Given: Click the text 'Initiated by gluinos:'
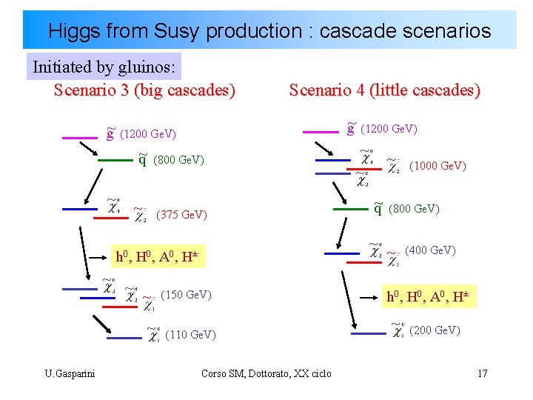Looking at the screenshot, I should click(x=104, y=67).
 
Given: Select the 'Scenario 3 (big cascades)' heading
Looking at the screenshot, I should click(x=144, y=90).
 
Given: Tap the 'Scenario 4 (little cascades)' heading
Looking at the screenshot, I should click(x=385, y=90).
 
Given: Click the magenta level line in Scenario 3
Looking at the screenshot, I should click(x=80, y=137).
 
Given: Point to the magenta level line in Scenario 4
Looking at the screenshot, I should click(x=321, y=132).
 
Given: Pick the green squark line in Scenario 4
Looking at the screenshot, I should click(x=351, y=210).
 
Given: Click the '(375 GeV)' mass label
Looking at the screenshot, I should click(x=182, y=215).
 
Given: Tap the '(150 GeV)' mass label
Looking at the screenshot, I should click(x=186, y=295).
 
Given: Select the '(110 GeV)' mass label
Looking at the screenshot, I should click(x=191, y=335).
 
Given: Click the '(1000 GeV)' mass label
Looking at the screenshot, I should click(x=438, y=166).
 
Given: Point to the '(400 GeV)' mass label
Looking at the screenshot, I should click(x=430, y=250).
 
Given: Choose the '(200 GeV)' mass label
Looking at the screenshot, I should click(x=435, y=330).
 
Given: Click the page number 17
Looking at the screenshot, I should click(x=482, y=373).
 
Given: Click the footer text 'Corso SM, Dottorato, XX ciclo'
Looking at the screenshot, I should click(x=266, y=373).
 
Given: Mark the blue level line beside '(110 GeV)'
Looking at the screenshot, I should click(x=119, y=338).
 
